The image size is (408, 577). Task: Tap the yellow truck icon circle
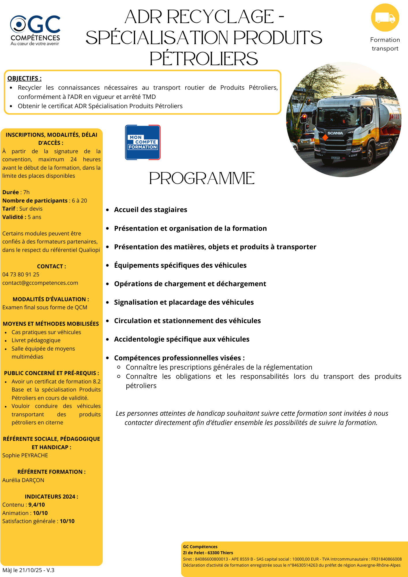385,18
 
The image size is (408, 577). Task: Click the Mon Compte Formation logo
143,142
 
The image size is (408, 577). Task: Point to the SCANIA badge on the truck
335,133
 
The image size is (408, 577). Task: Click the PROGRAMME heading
202,178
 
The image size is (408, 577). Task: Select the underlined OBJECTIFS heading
25,78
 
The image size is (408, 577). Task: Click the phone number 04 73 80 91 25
21,274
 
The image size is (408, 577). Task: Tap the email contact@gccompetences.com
40,283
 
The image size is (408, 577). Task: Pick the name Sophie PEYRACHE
25,455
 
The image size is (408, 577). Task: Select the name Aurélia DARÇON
23,480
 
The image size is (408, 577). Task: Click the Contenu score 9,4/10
37,505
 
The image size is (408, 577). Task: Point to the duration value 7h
26,192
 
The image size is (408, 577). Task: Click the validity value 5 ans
34,217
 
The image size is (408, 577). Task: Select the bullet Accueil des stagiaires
151,210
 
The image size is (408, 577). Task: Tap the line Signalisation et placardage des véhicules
184,302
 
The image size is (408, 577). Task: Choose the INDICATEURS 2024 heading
51,497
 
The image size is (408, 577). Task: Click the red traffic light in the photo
304,117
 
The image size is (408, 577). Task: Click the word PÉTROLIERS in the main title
204,59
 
